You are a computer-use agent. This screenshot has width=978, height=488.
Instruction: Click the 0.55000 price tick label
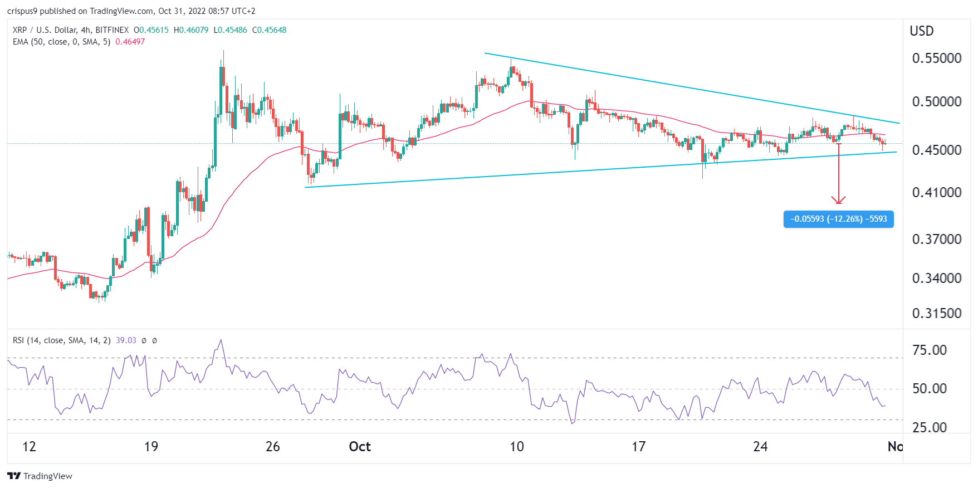click(936, 58)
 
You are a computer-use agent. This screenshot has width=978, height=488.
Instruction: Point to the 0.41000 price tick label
click(936, 193)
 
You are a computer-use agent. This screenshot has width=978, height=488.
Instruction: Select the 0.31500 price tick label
click(936, 314)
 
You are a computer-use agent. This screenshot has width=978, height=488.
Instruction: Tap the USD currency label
click(921, 31)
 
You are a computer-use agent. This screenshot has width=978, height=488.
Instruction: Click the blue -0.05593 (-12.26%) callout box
click(838, 219)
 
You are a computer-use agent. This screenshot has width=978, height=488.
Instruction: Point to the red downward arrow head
click(838, 201)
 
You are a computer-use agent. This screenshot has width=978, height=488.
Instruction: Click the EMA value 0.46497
click(130, 42)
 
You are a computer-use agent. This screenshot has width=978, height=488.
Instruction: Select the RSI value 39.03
click(126, 340)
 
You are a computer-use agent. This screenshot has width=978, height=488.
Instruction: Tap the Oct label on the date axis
click(359, 447)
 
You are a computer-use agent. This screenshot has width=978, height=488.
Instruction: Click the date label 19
click(151, 447)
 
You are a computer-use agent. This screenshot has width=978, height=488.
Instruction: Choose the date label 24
click(760, 447)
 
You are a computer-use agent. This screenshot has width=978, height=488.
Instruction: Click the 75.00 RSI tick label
click(930, 350)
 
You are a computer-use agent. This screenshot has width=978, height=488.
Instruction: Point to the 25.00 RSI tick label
click(930, 428)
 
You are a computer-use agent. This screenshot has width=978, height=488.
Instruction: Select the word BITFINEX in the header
click(112, 30)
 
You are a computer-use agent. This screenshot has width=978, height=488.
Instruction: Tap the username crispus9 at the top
click(22, 11)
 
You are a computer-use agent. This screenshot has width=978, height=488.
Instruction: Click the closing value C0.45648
click(269, 30)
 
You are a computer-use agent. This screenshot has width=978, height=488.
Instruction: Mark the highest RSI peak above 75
click(221, 340)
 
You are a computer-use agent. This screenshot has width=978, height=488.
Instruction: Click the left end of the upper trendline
click(485, 53)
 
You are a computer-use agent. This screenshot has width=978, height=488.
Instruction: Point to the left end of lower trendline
click(306, 187)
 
